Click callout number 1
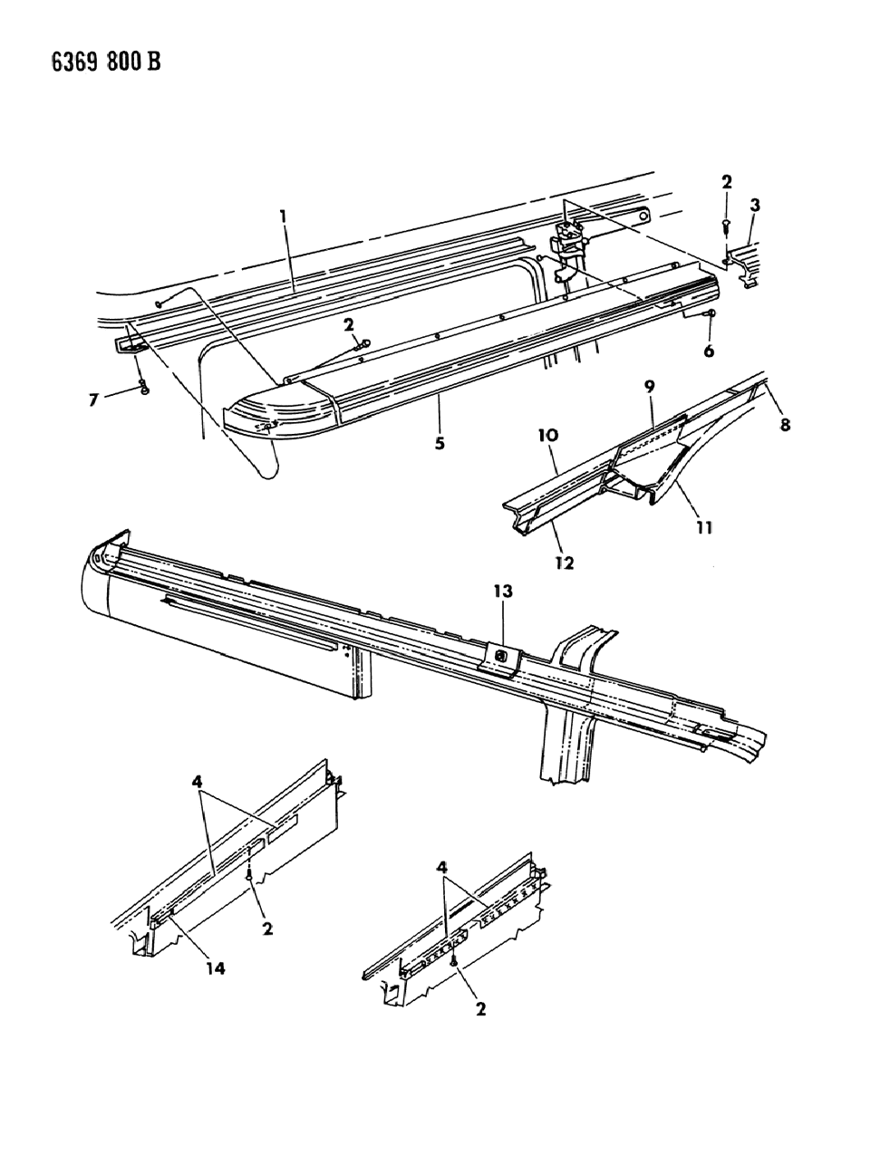pyautogui.click(x=284, y=217)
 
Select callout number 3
pyautogui.click(x=755, y=206)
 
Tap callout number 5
pyautogui.click(x=439, y=419)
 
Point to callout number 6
pyautogui.click(x=708, y=351)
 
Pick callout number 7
pyautogui.click(x=93, y=399)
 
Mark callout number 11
pyautogui.click(x=704, y=526)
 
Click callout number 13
pyautogui.click(x=503, y=592)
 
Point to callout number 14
pyautogui.click(x=215, y=968)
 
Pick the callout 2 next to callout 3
pyautogui.click(x=727, y=181)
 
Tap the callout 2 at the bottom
pyautogui.click(x=480, y=1008)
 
